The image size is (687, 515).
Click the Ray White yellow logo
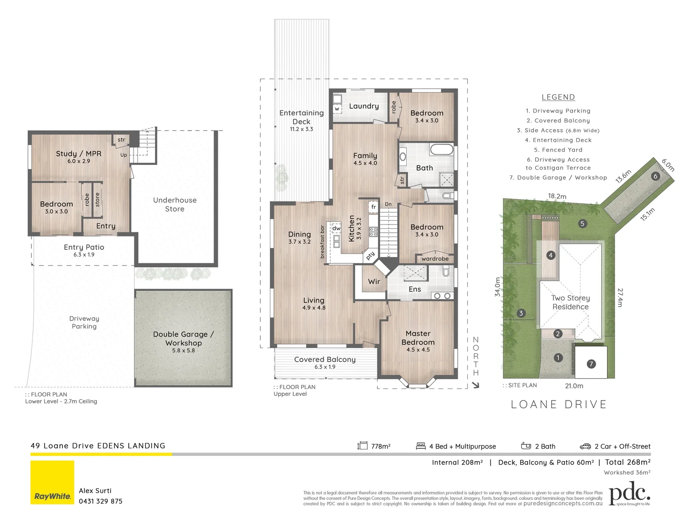point(52,483)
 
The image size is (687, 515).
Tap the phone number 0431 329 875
point(101,501)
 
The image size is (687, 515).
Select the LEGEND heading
point(558,97)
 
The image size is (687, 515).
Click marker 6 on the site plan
point(655,176)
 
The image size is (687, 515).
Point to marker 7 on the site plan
point(591,364)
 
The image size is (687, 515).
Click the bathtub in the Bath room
point(441,149)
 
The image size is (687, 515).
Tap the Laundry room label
point(364,106)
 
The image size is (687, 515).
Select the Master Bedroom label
point(418,338)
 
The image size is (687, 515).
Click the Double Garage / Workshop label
point(184,339)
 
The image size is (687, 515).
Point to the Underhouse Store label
point(175,205)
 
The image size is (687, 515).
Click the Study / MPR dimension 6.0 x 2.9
point(79,161)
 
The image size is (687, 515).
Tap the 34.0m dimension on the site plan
point(498,287)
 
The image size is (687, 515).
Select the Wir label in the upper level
point(374,282)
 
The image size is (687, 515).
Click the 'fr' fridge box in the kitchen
point(374,207)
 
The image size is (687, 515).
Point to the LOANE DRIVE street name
point(559,404)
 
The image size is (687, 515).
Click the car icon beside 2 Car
point(585,446)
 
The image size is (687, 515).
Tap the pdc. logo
point(629,494)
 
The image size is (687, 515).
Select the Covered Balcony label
point(325,360)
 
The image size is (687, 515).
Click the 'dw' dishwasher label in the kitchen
point(337,228)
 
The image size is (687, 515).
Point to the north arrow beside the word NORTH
point(475,385)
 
